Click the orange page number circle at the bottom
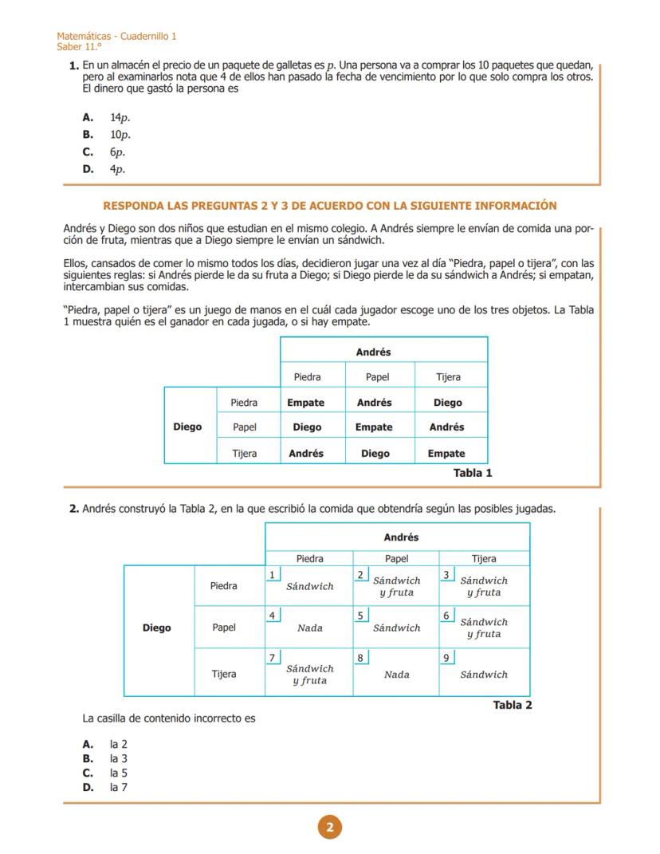[329, 828]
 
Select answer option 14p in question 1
[120, 117]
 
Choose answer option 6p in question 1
[118, 152]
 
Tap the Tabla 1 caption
[473, 473]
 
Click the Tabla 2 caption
[513, 705]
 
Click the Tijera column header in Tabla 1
[448, 377]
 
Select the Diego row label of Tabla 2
[157, 628]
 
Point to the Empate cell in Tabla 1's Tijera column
[446, 454]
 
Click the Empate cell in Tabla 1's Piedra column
[306, 403]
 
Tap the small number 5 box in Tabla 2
[361, 616]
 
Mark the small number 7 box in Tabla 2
[273, 658]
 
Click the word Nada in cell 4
[310, 628]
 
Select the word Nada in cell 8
[396, 675]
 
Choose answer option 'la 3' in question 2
[119, 759]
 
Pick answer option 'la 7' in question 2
[119, 788]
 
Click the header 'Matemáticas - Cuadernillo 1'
[117, 37]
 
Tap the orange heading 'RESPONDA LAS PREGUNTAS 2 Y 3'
[330, 206]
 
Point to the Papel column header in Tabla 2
[396, 559]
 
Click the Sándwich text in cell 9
[484, 675]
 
